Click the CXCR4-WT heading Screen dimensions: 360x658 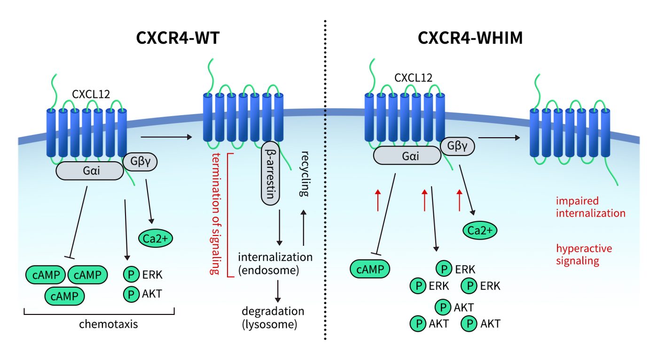click(x=178, y=38)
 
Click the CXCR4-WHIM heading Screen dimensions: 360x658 click(x=470, y=38)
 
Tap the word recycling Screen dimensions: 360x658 click(x=305, y=173)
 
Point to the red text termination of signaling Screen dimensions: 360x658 click(x=216, y=214)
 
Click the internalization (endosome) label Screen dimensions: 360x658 click(x=275, y=263)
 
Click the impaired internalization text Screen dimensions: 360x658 click(x=590, y=207)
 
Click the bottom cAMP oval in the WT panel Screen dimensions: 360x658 click(x=65, y=295)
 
